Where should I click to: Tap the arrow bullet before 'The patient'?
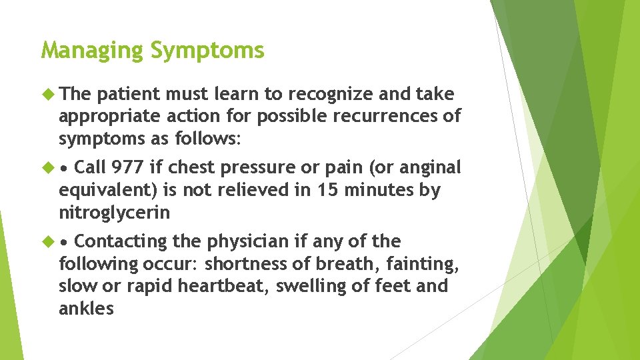[47, 94]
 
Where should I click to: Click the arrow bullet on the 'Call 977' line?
[47, 167]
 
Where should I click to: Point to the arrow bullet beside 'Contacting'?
[47, 241]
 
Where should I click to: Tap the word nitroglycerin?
[114, 213]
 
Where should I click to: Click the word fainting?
[420, 264]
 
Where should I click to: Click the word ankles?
[86, 309]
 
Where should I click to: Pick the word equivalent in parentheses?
[107, 191]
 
